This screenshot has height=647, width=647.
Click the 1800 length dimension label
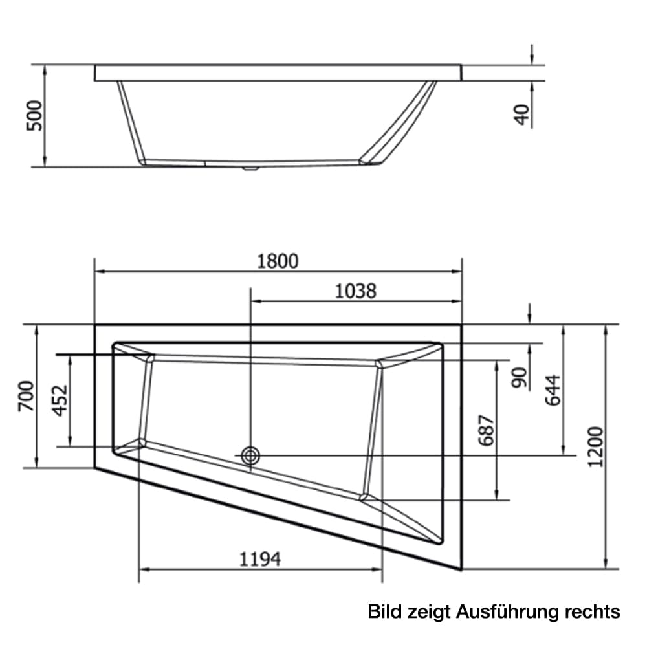click(x=278, y=261)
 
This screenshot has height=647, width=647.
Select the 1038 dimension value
click(x=355, y=291)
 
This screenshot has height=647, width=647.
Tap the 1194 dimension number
click(x=260, y=560)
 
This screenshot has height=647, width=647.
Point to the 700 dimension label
click(x=26, y=397)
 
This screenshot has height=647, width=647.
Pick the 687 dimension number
click(x=487, y=430)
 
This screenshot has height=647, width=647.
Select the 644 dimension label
click(x=553, y=390)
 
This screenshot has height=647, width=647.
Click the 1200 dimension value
click(x=595, y=447)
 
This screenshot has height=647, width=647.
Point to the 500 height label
click(x=34, y=116)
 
